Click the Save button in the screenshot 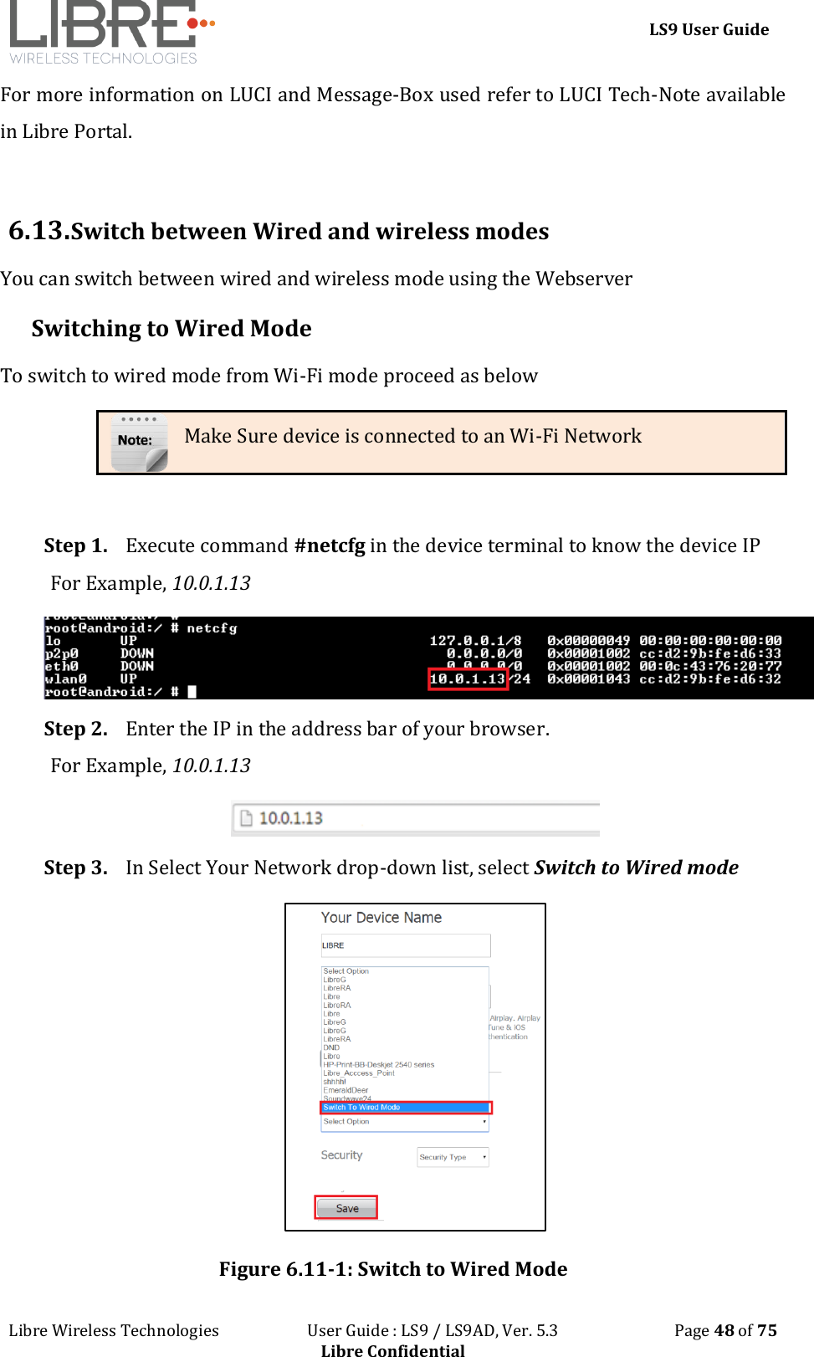point(346,1208)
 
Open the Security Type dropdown point(453,1157)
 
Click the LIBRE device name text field point(406,945)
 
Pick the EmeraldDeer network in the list point(346,1090)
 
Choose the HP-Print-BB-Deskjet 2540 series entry point(379,1065)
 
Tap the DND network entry point(331,1047)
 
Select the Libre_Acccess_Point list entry point(359,1073)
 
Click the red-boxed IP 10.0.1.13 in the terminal point(468,678)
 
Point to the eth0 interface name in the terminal point(61,666)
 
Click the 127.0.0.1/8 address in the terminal point(475,641)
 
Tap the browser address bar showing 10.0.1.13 point(416,818)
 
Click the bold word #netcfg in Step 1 point(330,545)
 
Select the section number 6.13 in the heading point(36,230)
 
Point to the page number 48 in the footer point(724,1330)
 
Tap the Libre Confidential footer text point(392,1349)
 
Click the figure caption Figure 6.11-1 point(392,1269)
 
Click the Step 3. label point(75,868)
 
